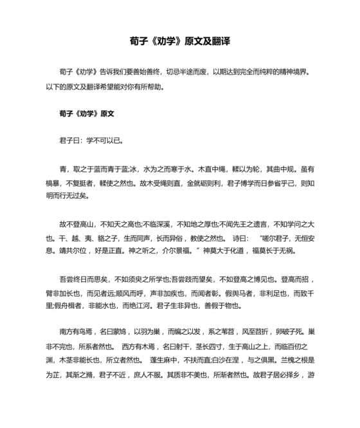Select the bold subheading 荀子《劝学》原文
(x=86, y=113)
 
